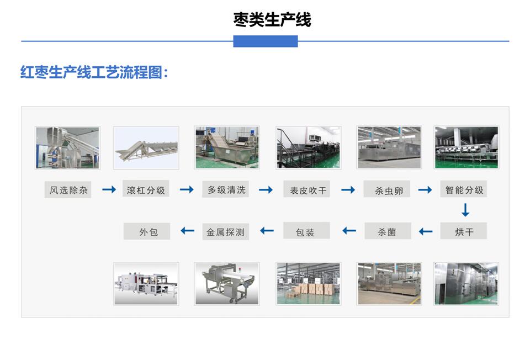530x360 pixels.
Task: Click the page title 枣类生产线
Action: [272, 20]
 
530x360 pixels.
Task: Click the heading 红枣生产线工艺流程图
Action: [94, 73]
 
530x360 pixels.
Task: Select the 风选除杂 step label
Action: [68, 190]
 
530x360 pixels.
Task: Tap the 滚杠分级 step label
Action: [146, 190]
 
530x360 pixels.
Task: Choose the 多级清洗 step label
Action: [226, 190]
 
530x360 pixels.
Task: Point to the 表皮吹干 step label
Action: [307, 190]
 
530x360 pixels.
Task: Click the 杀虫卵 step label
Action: [388, 190]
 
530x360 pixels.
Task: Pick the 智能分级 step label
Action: [464, 190]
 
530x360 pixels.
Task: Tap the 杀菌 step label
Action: [387, 231]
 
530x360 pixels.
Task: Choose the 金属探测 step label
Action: [225, 231]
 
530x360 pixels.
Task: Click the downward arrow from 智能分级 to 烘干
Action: [465, 210]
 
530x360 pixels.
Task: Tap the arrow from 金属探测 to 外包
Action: [187, 231]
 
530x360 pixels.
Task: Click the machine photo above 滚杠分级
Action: [146, 147]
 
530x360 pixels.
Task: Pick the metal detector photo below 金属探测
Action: [227, 284]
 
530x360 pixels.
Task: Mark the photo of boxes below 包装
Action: [308, 284]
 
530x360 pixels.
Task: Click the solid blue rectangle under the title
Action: [266, 41]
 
